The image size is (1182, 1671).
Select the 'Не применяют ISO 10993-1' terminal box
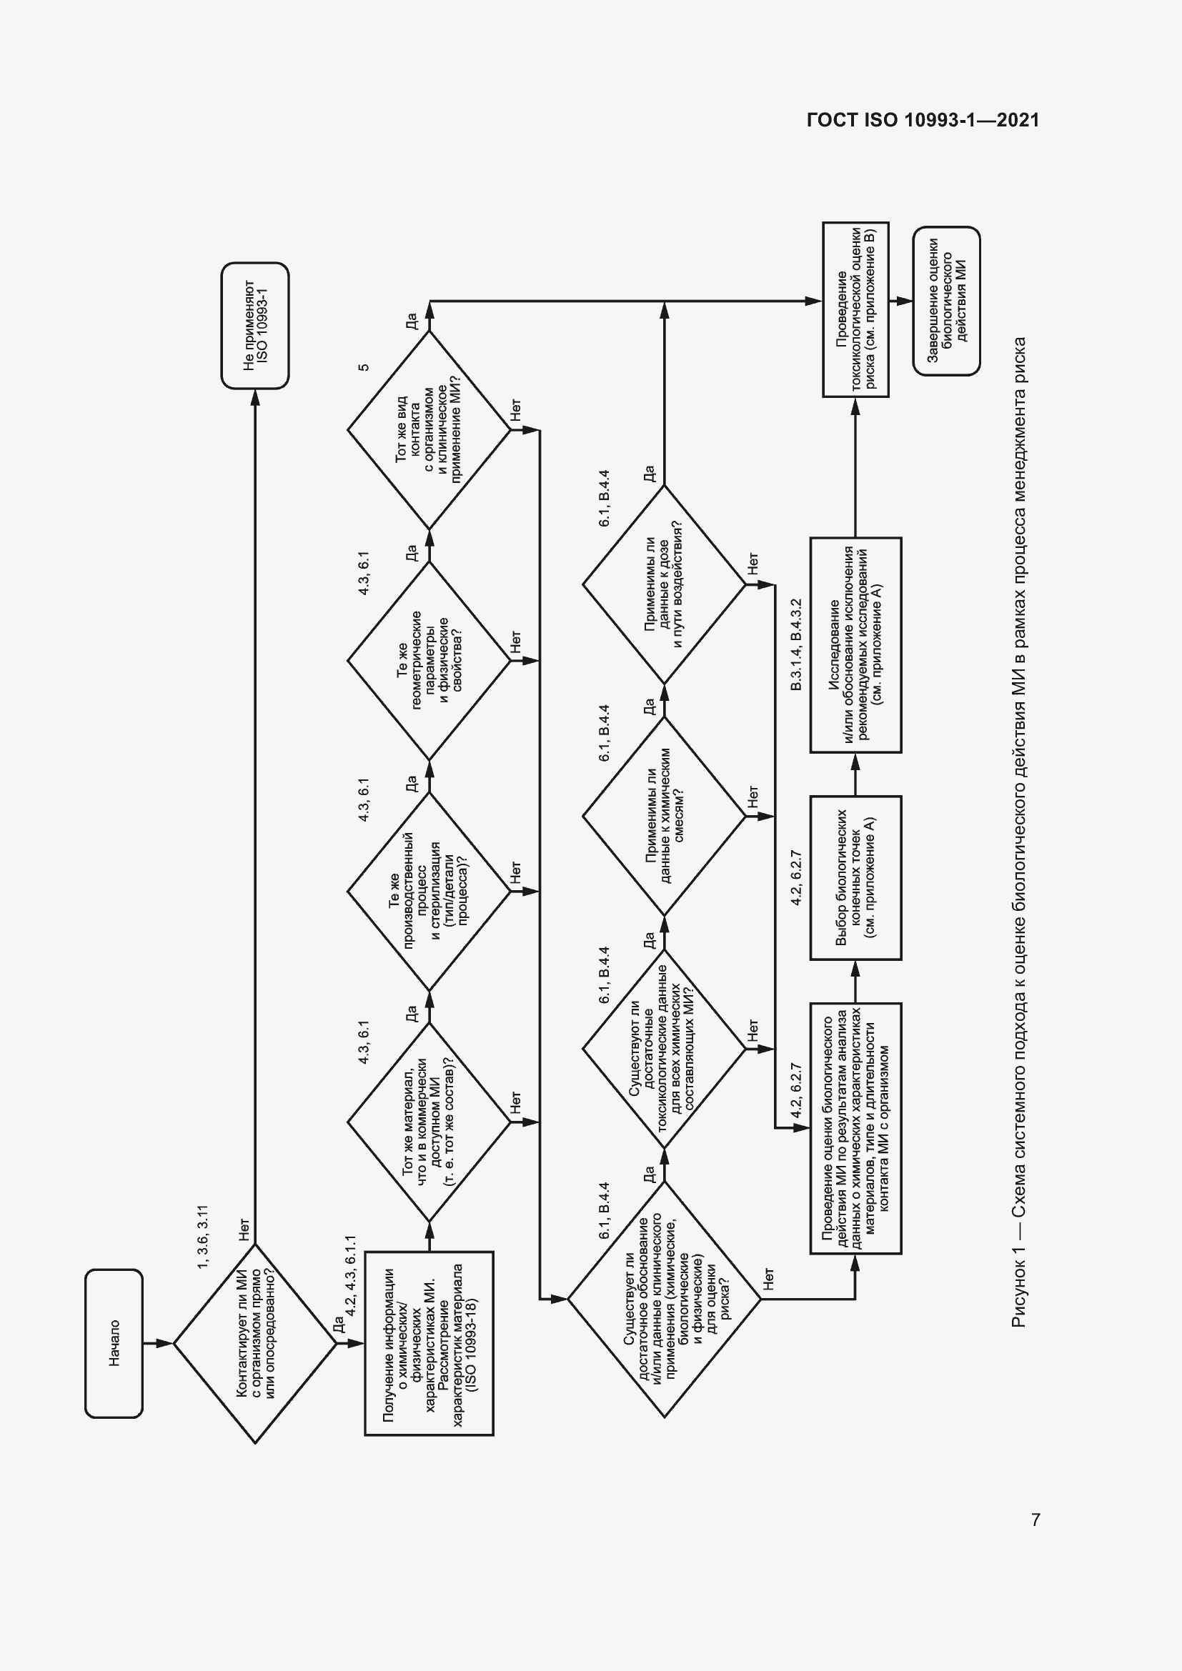pos(255,325)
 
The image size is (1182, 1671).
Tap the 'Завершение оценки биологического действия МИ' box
pos(946,301)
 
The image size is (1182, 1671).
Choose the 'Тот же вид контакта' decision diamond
pos(429,430)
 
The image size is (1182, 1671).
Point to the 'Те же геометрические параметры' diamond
pos(429,661)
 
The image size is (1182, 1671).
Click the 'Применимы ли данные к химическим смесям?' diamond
pos(664,816)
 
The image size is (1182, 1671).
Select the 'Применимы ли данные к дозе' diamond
pos(664,584)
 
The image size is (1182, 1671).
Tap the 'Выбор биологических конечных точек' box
pos(855,877)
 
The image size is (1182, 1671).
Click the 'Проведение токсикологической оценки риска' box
pos(855,309)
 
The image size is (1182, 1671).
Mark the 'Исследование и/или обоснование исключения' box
pos(855,645)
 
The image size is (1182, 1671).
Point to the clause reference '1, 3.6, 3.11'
pos(203,1237)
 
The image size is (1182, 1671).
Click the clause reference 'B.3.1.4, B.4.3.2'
pos(795,644)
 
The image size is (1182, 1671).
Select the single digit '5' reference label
pos(364,366)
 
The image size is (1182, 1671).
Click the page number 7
pos(1035,1520)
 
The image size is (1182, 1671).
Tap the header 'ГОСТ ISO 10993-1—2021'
pos(922,120)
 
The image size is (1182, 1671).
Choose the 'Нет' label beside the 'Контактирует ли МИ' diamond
pos(244,1229)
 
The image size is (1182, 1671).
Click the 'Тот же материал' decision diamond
pos(429,1122)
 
